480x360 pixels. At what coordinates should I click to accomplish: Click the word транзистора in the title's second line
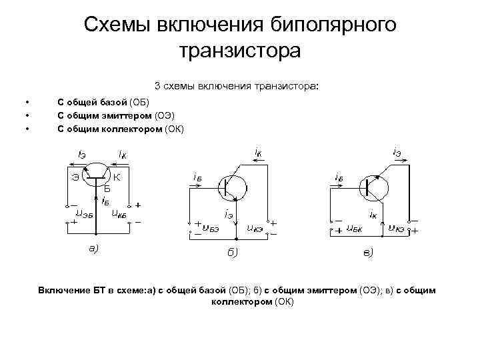[240, 51]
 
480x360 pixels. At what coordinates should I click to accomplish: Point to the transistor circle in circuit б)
[233, 187]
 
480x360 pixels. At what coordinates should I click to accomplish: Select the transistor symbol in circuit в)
[373, 187]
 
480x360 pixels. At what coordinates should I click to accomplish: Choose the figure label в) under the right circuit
[368, 252]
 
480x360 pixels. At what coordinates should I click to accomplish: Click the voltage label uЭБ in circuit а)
[84, 214]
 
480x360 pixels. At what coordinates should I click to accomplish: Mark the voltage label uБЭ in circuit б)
[211, 228]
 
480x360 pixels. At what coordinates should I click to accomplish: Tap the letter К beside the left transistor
[117, 177]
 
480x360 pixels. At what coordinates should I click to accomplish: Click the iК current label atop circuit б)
[258, 153]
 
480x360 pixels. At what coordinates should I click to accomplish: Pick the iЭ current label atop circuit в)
[397, 153]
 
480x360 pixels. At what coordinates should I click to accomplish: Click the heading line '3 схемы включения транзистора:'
[237, 86]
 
